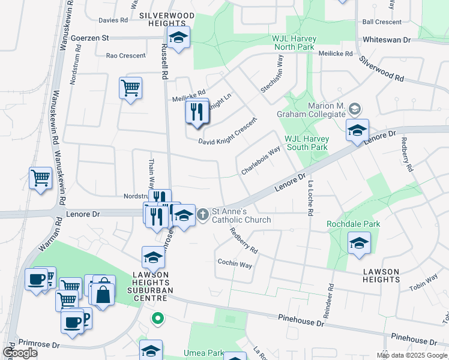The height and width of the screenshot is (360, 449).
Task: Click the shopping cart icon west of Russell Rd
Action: pyautogui.click(x=130, y=88)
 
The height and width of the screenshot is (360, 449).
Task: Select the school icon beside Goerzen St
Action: pyautogui.click(x=178, y=38)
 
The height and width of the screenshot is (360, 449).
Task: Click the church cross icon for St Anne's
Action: pyautogui.click(x=203, y=214)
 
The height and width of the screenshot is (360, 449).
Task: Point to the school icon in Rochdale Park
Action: pyautogui.click(x=359, y=243)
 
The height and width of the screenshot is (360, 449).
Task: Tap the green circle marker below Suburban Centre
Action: pyautogui.click(x=158, y=318)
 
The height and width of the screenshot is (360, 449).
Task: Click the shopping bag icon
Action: pyautogui.click(x=103, y=294)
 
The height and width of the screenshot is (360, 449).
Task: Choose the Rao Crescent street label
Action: pyautogui.click(x=125, y=56)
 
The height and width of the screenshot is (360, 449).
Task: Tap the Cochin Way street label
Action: pyautogui.click(x=235, y=263)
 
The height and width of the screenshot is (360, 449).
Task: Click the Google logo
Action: pyautogui.click(x=20, y=353)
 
